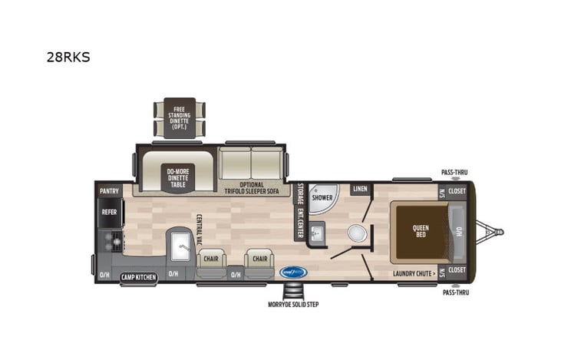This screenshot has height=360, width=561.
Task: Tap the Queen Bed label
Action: coord(421,230)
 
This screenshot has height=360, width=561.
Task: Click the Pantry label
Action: coord(108,190)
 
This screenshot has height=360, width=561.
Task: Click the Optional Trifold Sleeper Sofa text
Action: coord(252,188)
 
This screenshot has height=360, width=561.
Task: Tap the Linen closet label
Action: coord(359,189)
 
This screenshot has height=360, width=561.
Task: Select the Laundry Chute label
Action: coord(415,272)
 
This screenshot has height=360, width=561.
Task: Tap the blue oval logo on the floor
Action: coord(293,272)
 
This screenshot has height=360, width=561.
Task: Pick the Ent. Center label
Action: coord(299,223)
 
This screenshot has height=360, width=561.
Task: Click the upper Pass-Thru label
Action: coord(454,173)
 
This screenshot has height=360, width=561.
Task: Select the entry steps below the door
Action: coord(293,291)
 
